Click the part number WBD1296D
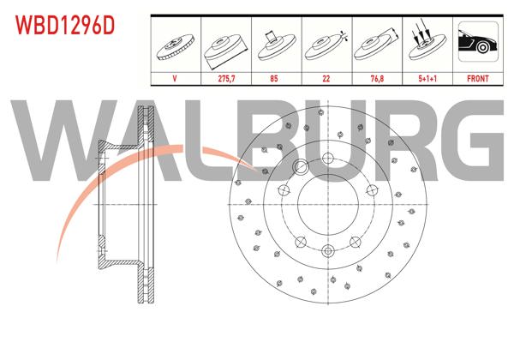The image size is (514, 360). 63,24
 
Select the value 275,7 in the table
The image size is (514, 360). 224,78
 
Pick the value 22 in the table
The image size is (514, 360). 327,78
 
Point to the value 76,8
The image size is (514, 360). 377,78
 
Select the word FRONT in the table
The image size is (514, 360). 477,78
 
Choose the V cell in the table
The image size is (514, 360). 175,78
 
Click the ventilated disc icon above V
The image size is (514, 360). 176,46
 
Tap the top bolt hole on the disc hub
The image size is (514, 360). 327,158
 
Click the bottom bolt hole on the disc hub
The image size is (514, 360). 327,250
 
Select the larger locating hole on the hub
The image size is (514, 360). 301,167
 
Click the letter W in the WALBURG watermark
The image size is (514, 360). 64,138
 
